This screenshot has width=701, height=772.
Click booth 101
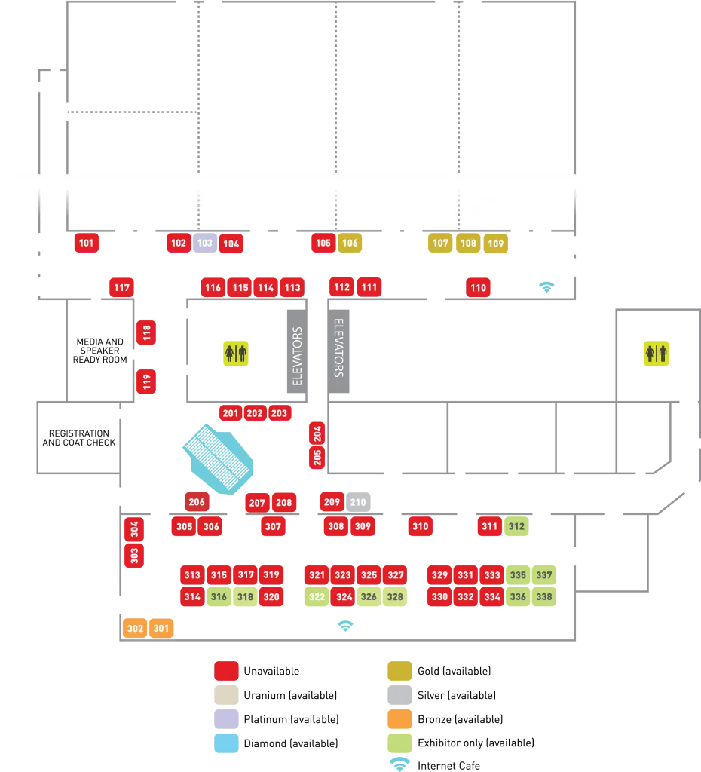pyautogui.click(x=87, y=243)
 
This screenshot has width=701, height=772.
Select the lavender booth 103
pyautogui.click(x=204, y=243)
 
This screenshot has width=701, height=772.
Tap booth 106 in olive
pyautogui.click(x=350, y=243)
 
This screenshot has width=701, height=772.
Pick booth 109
pyautogui.click(x=495, y=244)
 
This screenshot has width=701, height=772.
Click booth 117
pyautogui.click(x=121, y=287)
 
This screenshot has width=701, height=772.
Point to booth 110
pyautogui.click(x=478, y=287)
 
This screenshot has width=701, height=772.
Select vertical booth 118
pyautogui.click(x=146, y=332)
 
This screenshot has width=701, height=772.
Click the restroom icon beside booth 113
pyautogui.click(x=236, y=353)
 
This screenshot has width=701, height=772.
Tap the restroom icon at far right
pyautogui.click(x=654, y=353)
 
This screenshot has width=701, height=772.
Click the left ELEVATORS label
pyautogui.click(x=297, y=356)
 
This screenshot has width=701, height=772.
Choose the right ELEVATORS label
pyautogui.click(x=338, y=348)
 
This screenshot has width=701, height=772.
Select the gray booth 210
pyautogui.click(x=358, y=502)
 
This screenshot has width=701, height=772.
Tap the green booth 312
pyautogui.click(x=516, y=526)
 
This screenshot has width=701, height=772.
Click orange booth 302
pyautogui.click(x=135, y=628)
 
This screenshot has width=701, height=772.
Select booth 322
pyautogui.click(x=317, y=597)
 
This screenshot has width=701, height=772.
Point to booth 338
pyautogui.click(x=543, y=597)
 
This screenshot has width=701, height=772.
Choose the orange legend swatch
pyautogui.click(x=399, y=718)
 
